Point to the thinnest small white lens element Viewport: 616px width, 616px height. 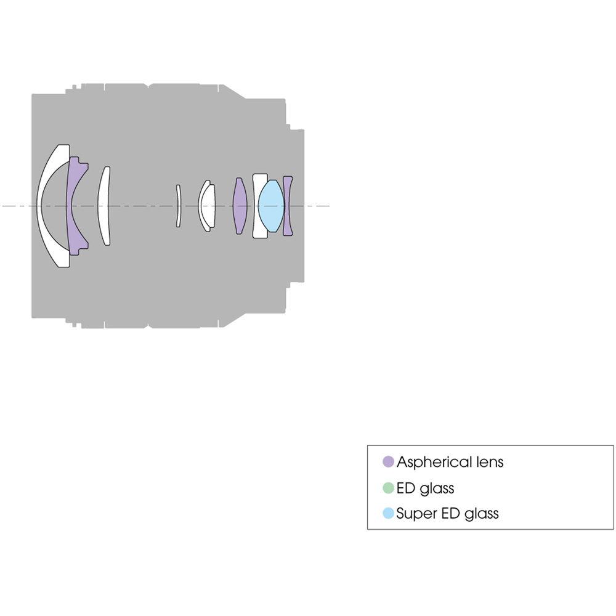(x=178, y=206)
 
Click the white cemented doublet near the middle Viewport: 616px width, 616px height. (x=207, y=206)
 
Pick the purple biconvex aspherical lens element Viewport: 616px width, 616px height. (x=240, y=206)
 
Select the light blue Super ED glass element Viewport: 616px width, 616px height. (x=271, y=206)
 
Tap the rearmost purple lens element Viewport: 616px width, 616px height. (x=288, y=206)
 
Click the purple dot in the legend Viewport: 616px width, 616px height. (x=388, y=462)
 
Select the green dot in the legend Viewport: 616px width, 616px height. (x=388, y=488)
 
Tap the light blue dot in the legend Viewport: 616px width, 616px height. (x=388, y=513)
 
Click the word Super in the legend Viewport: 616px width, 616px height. (x=415, y=513)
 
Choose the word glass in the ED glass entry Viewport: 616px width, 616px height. (x=437, y=488)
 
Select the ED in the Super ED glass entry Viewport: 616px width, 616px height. (x=448, y=513)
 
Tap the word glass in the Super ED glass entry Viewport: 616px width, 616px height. (x=481, y=513)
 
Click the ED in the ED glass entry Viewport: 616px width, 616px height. (x=406, y=488)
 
